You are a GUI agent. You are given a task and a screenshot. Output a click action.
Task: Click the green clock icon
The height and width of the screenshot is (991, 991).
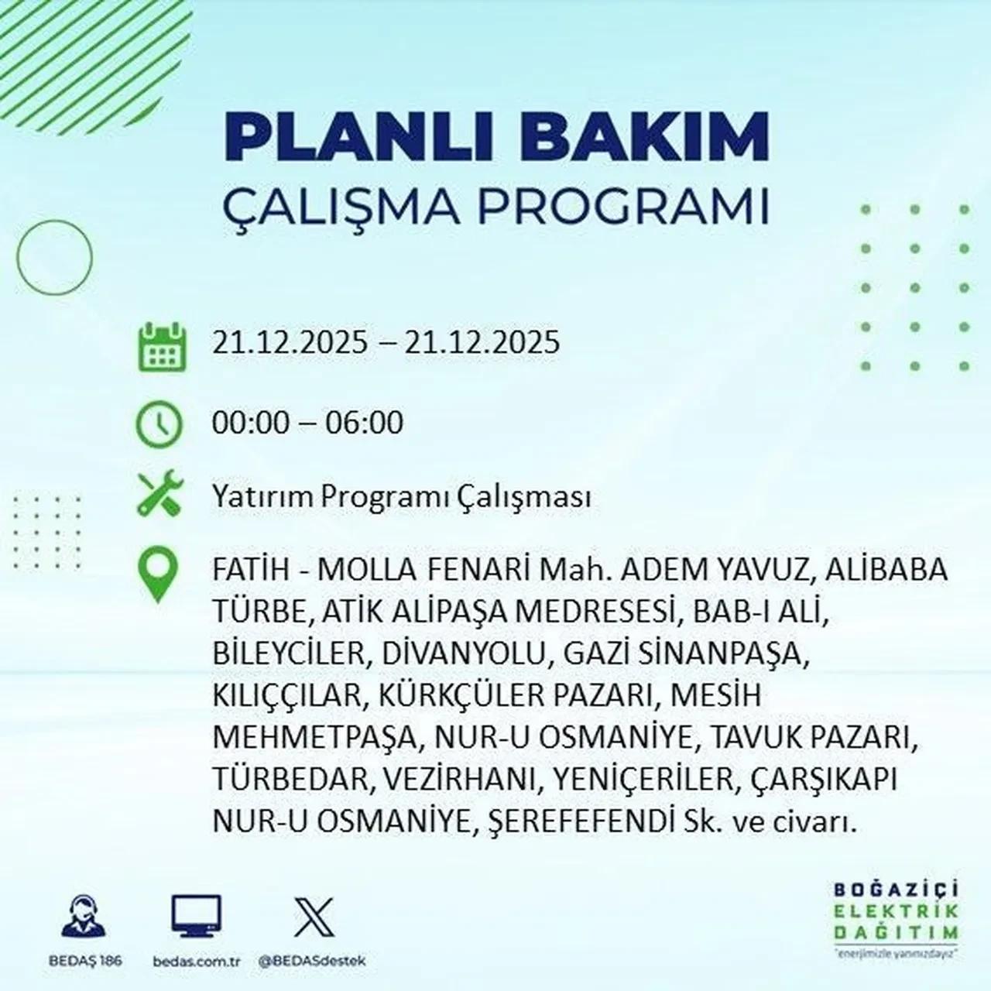coord(159,424)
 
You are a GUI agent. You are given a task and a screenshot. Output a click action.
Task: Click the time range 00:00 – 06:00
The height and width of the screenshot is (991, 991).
coord(307,423)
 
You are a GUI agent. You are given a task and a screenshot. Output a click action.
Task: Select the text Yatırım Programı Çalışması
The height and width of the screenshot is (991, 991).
coord(401,496)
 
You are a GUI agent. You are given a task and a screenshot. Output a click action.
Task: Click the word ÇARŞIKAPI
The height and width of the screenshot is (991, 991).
coord(824,780)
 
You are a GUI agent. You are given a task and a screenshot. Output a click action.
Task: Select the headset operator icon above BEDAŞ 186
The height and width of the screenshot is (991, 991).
coord(82,917)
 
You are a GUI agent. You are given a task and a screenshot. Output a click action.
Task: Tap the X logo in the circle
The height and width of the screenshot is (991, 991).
coord(314,917)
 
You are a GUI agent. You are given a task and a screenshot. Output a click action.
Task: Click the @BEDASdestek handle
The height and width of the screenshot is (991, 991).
coord(311,961)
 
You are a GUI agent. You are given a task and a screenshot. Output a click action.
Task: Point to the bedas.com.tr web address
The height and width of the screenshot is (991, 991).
coord(197,961)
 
